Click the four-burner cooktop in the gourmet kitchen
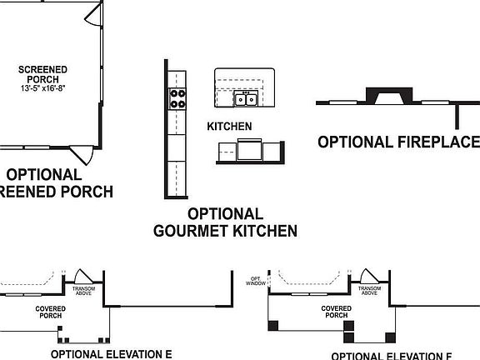click(177, 99)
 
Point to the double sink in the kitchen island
click(245, 100)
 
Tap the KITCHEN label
click(229, 127)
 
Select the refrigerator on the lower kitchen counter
click(249, 152)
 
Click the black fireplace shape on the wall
click(386, 95)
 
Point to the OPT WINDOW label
click(257, 282)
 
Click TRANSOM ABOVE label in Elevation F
click(370, 291)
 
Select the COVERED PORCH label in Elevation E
click(50, 312)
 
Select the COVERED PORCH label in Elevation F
click(335, 312)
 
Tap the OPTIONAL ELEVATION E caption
click(111, 353)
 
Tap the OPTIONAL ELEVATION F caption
click(397, 355)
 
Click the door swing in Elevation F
click(368, 277)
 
